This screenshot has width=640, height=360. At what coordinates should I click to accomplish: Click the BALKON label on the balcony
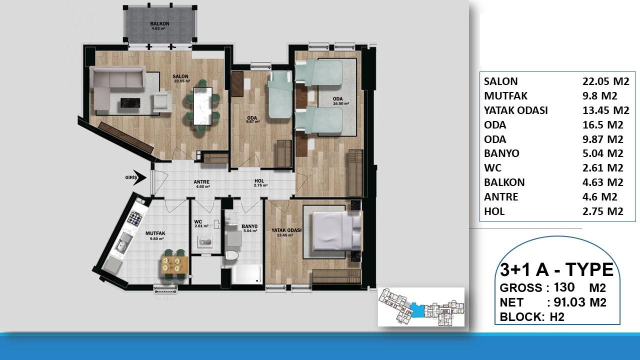(159, 23)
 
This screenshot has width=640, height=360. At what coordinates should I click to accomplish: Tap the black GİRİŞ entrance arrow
(140, 177)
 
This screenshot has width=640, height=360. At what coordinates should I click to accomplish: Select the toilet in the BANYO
(231, 256)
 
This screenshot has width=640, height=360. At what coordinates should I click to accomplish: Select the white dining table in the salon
(202, 106)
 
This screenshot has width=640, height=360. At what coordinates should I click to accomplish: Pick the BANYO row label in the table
(501, 153)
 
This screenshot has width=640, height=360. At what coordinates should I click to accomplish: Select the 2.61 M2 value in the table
(603, 168)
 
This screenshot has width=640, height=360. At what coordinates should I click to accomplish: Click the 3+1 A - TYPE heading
(556, 270)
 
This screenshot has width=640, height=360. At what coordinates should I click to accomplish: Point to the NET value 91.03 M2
(577, 302)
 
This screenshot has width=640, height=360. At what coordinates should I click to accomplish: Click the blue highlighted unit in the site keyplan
(416, 308)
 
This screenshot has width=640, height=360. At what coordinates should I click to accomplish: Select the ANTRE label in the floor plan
(202, 182)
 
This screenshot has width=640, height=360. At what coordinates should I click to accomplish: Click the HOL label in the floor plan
(259, 181)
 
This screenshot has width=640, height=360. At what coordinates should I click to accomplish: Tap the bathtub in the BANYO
(242, 273)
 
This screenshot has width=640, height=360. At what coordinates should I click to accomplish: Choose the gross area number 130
(564, 287)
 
